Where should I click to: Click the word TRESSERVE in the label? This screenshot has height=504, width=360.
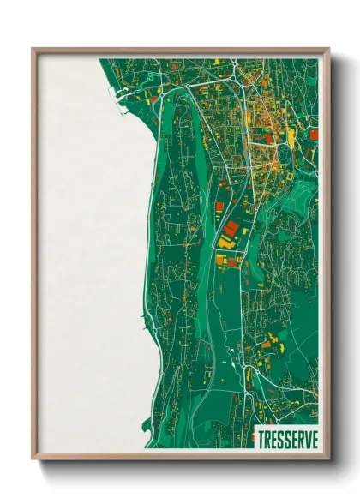[x=286, y=438]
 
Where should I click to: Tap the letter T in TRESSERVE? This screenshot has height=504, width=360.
[x=261, y=438]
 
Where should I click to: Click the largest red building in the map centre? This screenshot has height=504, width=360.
[x=231, y=229]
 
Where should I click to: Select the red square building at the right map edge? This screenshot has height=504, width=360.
[x=314, y=134]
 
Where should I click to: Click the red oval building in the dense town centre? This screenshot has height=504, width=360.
[x=268, y=137]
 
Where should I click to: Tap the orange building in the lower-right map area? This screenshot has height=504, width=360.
[x=266, y=345]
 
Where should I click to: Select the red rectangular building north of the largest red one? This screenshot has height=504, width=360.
[x=219, y=207]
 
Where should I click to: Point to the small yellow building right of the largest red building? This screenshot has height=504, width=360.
[x=244, y=231]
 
